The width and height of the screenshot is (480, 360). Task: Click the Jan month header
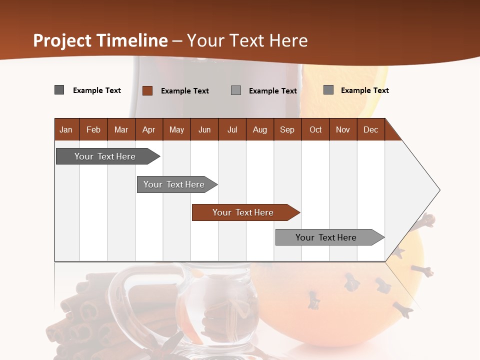tap(66, 129)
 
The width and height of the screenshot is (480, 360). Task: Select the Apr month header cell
tap(149, 129)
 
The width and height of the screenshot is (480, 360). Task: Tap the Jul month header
tap(232, 129)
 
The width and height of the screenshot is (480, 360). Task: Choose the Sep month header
tap(287, 129)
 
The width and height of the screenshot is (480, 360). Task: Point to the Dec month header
tap(370, 129)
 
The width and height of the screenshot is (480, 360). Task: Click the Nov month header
tap(343, 129)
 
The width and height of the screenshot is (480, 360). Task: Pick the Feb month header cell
tap(93, 129)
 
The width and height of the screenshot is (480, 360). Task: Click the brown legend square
tap(147, 90)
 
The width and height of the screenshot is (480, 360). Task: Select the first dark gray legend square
tap(59, 90)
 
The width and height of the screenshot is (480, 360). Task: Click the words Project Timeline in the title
tap(100, 40)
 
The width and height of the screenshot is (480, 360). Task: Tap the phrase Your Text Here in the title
tap(247, 40)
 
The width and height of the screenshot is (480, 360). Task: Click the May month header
tap(176, 129)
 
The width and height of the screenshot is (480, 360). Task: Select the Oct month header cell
tap(315, 129)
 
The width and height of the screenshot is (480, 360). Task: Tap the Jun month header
tap(204, 129)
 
